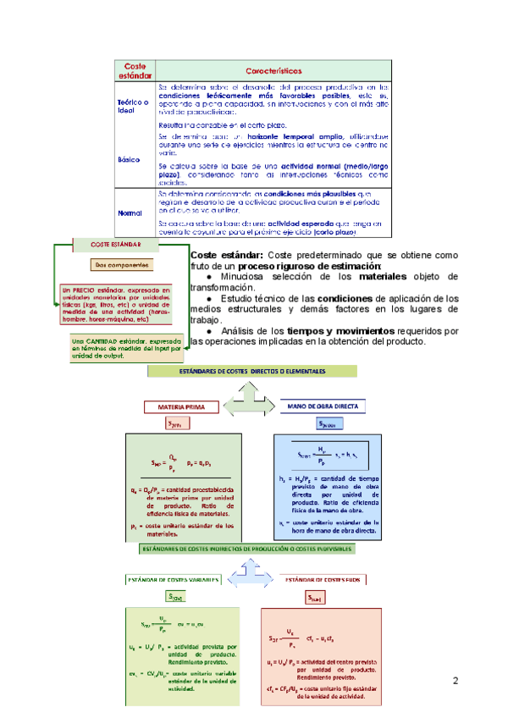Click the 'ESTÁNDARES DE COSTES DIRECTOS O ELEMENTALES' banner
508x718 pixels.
(254, 372)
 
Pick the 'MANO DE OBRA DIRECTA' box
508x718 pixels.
(323, 406)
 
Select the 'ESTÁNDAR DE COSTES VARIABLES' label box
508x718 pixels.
(173, 580)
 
